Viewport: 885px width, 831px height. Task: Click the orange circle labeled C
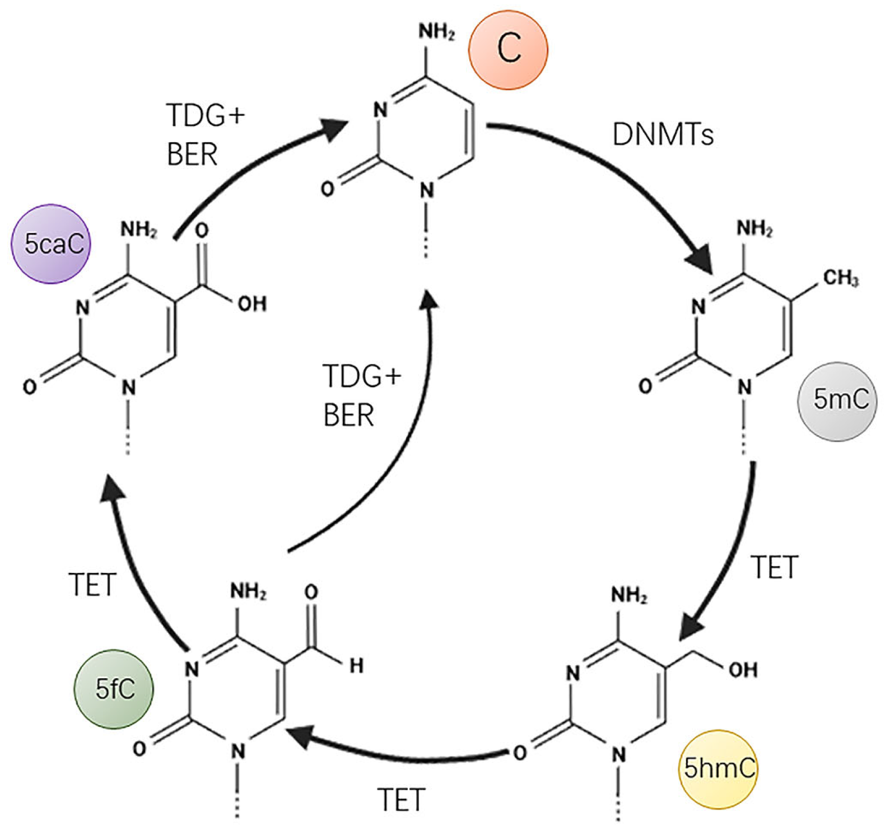(507, 50)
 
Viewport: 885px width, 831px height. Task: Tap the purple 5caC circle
(51, 244)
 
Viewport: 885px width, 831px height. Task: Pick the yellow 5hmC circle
(718, 769)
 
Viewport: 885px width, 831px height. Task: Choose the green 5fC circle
(114, 689)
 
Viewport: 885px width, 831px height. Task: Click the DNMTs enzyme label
(663, 135)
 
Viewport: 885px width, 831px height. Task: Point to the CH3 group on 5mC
(840, 278)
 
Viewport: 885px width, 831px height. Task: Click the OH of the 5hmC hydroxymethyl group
(743, 669)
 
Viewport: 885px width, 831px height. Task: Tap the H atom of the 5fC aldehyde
(356, 666)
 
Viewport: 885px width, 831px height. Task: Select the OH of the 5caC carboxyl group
(252, 304)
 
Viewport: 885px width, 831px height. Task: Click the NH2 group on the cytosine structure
(436, 32)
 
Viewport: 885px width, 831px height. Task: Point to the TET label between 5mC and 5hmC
(774, 568)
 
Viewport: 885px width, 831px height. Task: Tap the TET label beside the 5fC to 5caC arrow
(92, 585)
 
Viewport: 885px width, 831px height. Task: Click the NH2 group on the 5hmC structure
(629, 595)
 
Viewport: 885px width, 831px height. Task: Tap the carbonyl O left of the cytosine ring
(328, 189)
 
